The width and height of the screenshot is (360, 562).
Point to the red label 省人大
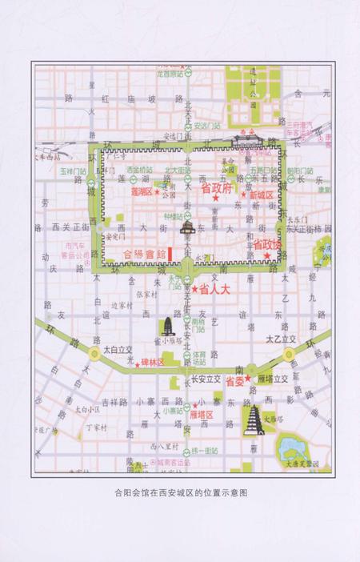coord(213,288)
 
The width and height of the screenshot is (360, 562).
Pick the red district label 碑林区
coord(152,363)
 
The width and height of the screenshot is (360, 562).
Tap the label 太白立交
coord(117,350)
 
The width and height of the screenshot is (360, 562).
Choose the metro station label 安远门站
coord(206,126)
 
